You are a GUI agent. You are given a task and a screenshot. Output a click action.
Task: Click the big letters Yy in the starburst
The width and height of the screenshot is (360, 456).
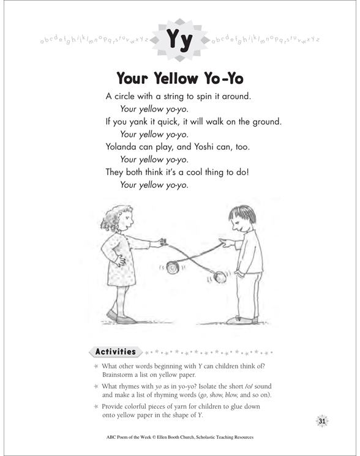(180, 40)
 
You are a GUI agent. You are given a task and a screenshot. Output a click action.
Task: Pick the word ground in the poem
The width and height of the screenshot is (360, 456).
(266, 122)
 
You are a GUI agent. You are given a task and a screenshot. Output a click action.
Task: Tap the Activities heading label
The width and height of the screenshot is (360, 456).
(114, 351)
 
